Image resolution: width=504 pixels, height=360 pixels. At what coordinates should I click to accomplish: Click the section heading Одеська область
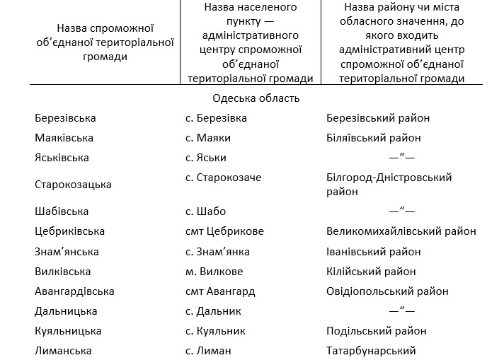coord(256,98)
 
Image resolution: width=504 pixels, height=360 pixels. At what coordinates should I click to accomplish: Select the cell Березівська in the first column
coord(65,118)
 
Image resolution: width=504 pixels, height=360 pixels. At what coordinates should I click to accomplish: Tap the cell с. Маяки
coord(208,138)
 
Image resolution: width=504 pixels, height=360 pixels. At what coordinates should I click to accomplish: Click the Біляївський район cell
coord(374,138)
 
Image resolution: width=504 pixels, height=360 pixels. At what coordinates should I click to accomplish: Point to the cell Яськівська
coord(64,158)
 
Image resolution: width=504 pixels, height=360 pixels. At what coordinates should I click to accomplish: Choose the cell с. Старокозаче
coord(224,178)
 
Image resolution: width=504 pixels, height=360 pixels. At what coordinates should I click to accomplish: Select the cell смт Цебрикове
coord(224,231)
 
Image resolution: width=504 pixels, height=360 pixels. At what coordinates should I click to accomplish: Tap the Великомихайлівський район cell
coord(401,231)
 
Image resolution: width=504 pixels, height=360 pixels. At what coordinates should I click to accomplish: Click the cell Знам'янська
coord(67,252)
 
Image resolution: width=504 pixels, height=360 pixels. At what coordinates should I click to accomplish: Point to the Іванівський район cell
coord(374,252)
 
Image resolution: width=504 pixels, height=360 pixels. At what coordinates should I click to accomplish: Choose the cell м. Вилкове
coord(214,272)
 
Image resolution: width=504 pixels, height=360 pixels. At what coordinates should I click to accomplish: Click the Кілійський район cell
coord(371,272)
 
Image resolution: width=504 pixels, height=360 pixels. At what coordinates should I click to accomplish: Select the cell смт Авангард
coord(220,291)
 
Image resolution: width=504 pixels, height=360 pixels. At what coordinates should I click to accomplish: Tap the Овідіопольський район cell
coord(387,291)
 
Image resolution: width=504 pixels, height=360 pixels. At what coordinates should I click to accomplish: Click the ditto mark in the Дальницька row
coord(401,311)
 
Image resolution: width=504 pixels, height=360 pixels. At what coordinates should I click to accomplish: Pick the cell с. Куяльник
coord(215,331)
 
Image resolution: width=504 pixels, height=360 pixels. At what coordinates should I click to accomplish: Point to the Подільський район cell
coord(377,331)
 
